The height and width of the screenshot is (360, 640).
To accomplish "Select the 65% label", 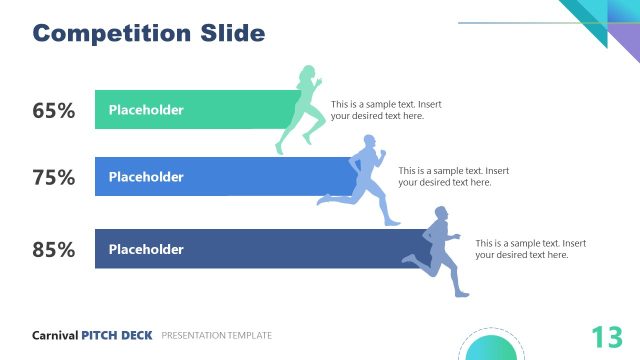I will click(x=54, y=111).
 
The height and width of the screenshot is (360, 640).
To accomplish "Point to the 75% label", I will click(x=54, y=178).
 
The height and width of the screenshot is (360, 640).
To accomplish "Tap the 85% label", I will click(x=54, y=250).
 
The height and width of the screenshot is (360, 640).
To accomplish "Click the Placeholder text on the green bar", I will click(x=146, y=110).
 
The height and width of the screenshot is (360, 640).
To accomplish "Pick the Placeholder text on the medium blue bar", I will click(x=146, y=177).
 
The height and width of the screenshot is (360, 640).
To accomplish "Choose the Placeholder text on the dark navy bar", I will click(x=146, y=249).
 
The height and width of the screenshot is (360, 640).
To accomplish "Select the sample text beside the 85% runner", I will click(x=530, y=249).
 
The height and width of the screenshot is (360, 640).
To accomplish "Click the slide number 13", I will click(x=606, y=337).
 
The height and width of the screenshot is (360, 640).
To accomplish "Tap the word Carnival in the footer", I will click(x=55, y=336).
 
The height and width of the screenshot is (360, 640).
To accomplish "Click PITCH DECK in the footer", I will click(x=117, y=336).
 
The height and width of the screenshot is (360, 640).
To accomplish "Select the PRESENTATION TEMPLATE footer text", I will click(x=216, y=336).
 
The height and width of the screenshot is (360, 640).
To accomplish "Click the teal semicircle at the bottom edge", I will click(x=490, y=348).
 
